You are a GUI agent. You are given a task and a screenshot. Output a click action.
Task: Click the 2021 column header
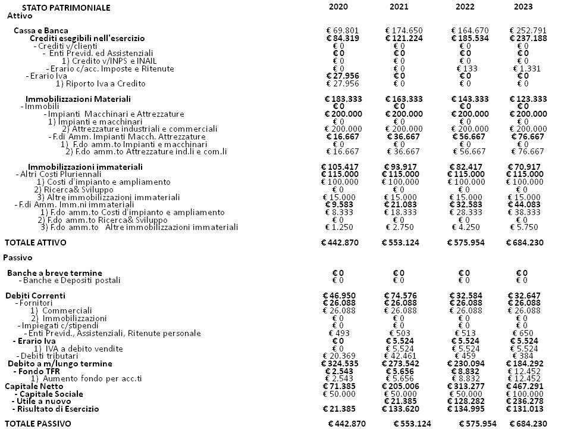coord(399,7)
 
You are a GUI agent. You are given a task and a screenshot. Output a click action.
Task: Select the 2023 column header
coord(523,7)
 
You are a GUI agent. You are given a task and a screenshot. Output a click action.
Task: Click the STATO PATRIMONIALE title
coord(66,8)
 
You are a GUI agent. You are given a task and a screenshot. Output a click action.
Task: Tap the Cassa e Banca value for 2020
coord(342,30)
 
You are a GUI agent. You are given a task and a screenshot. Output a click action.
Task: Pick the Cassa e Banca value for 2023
coord(528,30)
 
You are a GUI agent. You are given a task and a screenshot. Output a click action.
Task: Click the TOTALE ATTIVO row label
coord(36,243)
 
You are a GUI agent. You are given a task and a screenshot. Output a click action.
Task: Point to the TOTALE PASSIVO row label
coord(37,423)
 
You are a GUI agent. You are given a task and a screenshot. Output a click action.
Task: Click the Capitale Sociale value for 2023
coord(528,394)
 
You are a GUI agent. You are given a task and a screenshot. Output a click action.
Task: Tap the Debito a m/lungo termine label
coord(59,363)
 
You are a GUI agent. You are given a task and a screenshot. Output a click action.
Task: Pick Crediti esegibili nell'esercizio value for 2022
coord(469,38)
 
